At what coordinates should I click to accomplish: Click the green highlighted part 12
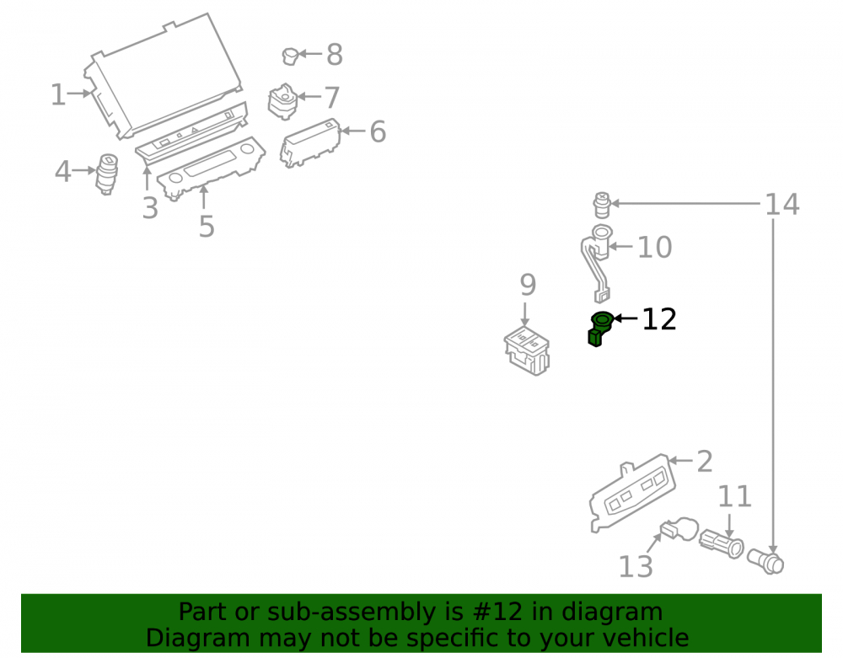(600, 329)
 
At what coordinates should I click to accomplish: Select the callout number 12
(659, 319)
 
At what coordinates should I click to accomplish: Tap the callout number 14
(781, 205)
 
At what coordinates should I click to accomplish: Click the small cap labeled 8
(290, 56)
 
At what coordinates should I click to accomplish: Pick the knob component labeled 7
(282, 101)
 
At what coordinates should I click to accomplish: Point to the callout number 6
(378, 131)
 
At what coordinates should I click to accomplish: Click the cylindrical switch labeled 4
(106, 174)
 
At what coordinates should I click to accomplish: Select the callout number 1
(58, 94)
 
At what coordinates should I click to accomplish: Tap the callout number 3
(150, 208)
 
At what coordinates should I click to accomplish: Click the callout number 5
(207, 226)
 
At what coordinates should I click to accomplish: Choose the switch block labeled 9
(527, 350)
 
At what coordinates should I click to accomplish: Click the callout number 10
(654, 247)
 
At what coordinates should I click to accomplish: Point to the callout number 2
(704, 462)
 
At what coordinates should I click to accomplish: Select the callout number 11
(734, 496)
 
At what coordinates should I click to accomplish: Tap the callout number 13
(636, 567)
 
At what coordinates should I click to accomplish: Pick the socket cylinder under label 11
(722, 544)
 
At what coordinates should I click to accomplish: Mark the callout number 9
(528, 285)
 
